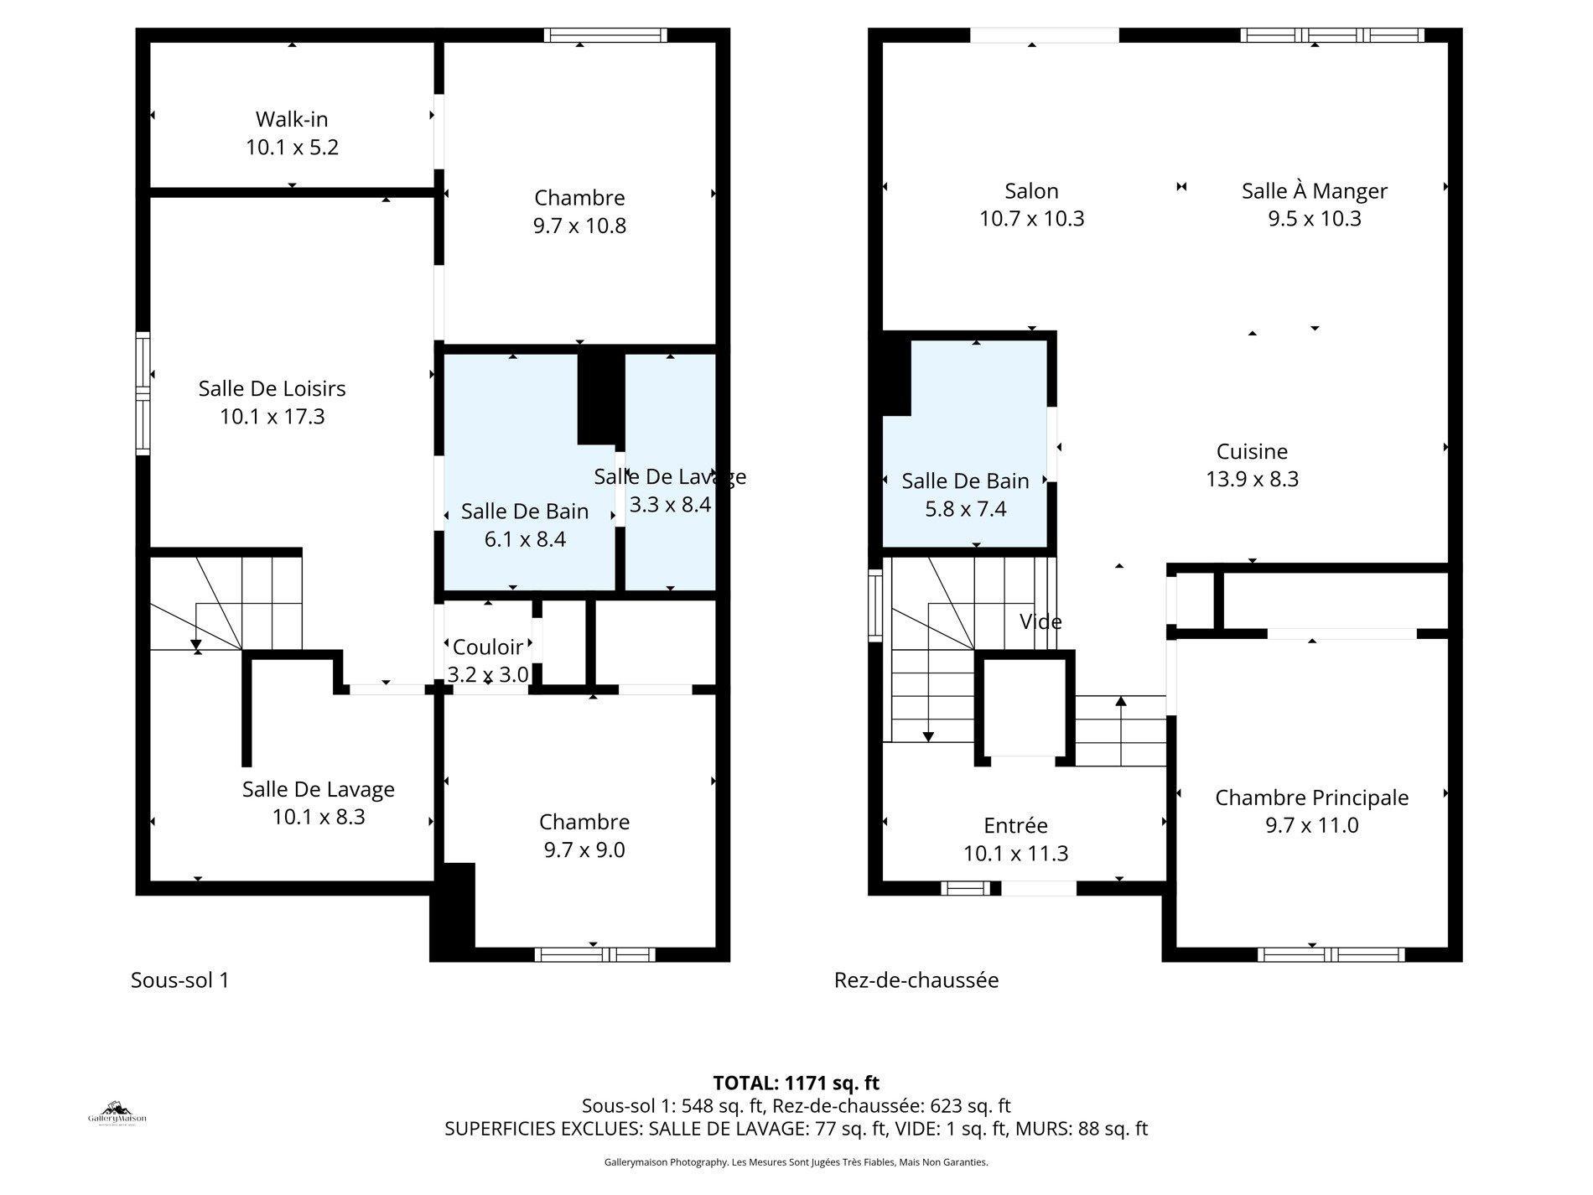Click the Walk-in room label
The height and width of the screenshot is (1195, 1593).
291,119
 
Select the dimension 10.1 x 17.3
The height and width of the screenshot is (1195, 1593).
272,417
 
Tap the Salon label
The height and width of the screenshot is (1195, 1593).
1031,191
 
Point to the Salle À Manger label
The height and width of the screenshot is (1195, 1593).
1314,191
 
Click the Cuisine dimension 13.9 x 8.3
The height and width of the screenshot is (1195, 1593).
1252,480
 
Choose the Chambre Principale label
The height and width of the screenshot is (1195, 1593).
1311,798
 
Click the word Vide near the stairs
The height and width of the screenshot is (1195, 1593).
1040,622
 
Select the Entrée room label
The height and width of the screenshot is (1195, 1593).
1015,826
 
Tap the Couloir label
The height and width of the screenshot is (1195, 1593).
488,647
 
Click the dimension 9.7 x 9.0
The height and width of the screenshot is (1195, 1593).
584,850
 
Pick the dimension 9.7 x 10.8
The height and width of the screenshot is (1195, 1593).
579,226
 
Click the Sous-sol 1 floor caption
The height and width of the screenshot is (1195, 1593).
179,980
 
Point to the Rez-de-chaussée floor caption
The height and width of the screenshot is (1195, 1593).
916,980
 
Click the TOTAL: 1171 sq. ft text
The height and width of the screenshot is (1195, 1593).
796,1083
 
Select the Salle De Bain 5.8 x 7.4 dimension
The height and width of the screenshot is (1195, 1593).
965,509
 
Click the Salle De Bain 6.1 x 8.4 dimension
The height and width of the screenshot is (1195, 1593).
525,539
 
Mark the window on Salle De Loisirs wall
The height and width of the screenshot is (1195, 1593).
143,393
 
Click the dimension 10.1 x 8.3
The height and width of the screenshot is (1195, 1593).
318,818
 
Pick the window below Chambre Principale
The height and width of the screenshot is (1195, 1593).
1331,954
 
